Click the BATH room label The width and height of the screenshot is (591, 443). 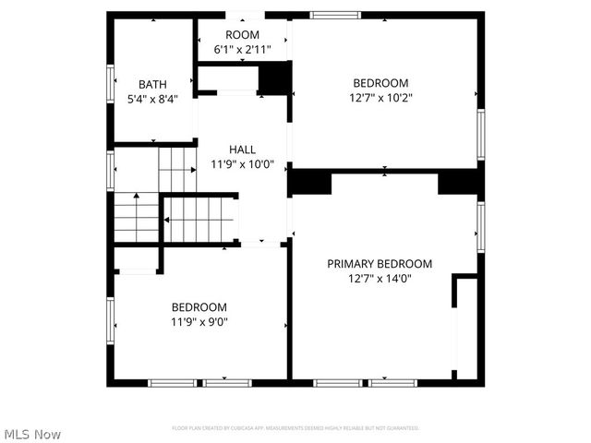(152, 83)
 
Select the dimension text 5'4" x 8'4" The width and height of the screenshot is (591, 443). (152, 97)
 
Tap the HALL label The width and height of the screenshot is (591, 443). (243, 150)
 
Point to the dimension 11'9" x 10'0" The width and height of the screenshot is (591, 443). (243, 164)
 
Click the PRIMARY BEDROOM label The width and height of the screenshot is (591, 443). (380, 264)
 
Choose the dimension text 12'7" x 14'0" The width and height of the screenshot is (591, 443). (380, 278)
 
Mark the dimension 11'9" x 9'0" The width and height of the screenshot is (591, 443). (199, 322)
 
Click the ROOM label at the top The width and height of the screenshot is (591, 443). (243, 34)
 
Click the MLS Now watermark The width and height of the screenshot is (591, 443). (32, 434)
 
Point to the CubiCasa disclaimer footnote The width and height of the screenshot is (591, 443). (295, 428)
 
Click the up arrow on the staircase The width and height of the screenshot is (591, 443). (137, 197)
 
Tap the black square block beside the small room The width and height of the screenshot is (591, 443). (274, 79)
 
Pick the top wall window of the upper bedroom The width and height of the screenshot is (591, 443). (335, 15)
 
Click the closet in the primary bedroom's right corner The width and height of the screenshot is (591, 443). (466, 328)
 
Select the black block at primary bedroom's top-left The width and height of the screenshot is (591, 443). (310, 182)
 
